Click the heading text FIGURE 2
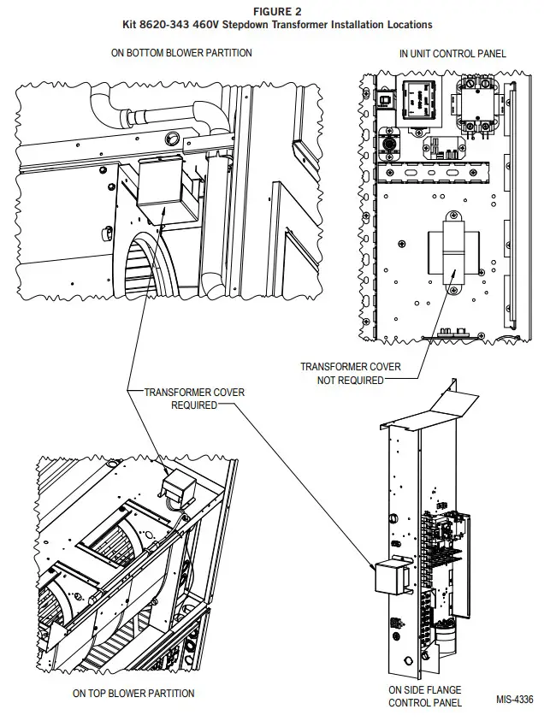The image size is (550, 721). click(275, 12)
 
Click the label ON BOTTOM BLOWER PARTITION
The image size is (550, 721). click(181, 53)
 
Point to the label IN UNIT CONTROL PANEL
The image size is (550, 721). click(452, 53)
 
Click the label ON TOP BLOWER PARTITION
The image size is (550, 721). click(133, 694)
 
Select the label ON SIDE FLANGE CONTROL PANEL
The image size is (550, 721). click(425, 696)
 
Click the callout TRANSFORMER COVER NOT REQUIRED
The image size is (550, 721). click(350, 373)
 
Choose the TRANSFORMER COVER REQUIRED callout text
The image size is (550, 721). click(194, 399)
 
